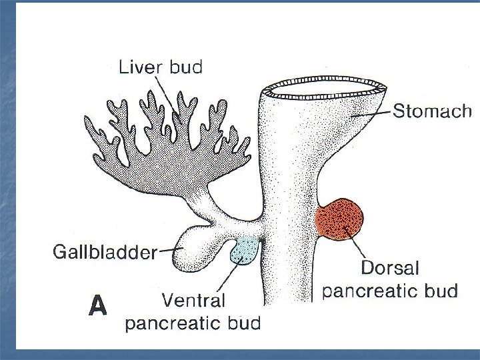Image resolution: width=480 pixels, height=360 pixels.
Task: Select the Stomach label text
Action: (x=432, y=111)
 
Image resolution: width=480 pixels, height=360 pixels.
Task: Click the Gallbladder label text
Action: (x=104, y=252)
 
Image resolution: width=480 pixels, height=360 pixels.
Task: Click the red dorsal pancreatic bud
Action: (x=340, y=221)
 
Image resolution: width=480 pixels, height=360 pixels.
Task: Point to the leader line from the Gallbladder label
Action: (x=169, y=250)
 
